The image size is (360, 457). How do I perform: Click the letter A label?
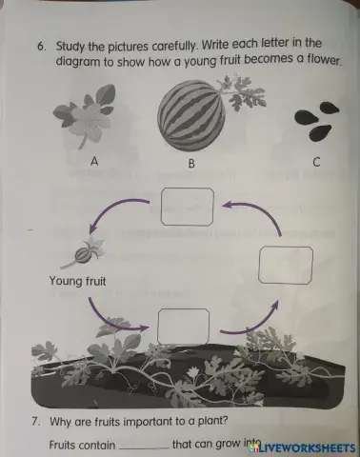[x=94, y=161]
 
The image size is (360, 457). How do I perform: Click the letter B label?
[x=191, y=164]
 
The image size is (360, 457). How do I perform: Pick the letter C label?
[x=316, y=162]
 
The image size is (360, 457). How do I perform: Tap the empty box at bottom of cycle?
[x=182, y=327]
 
